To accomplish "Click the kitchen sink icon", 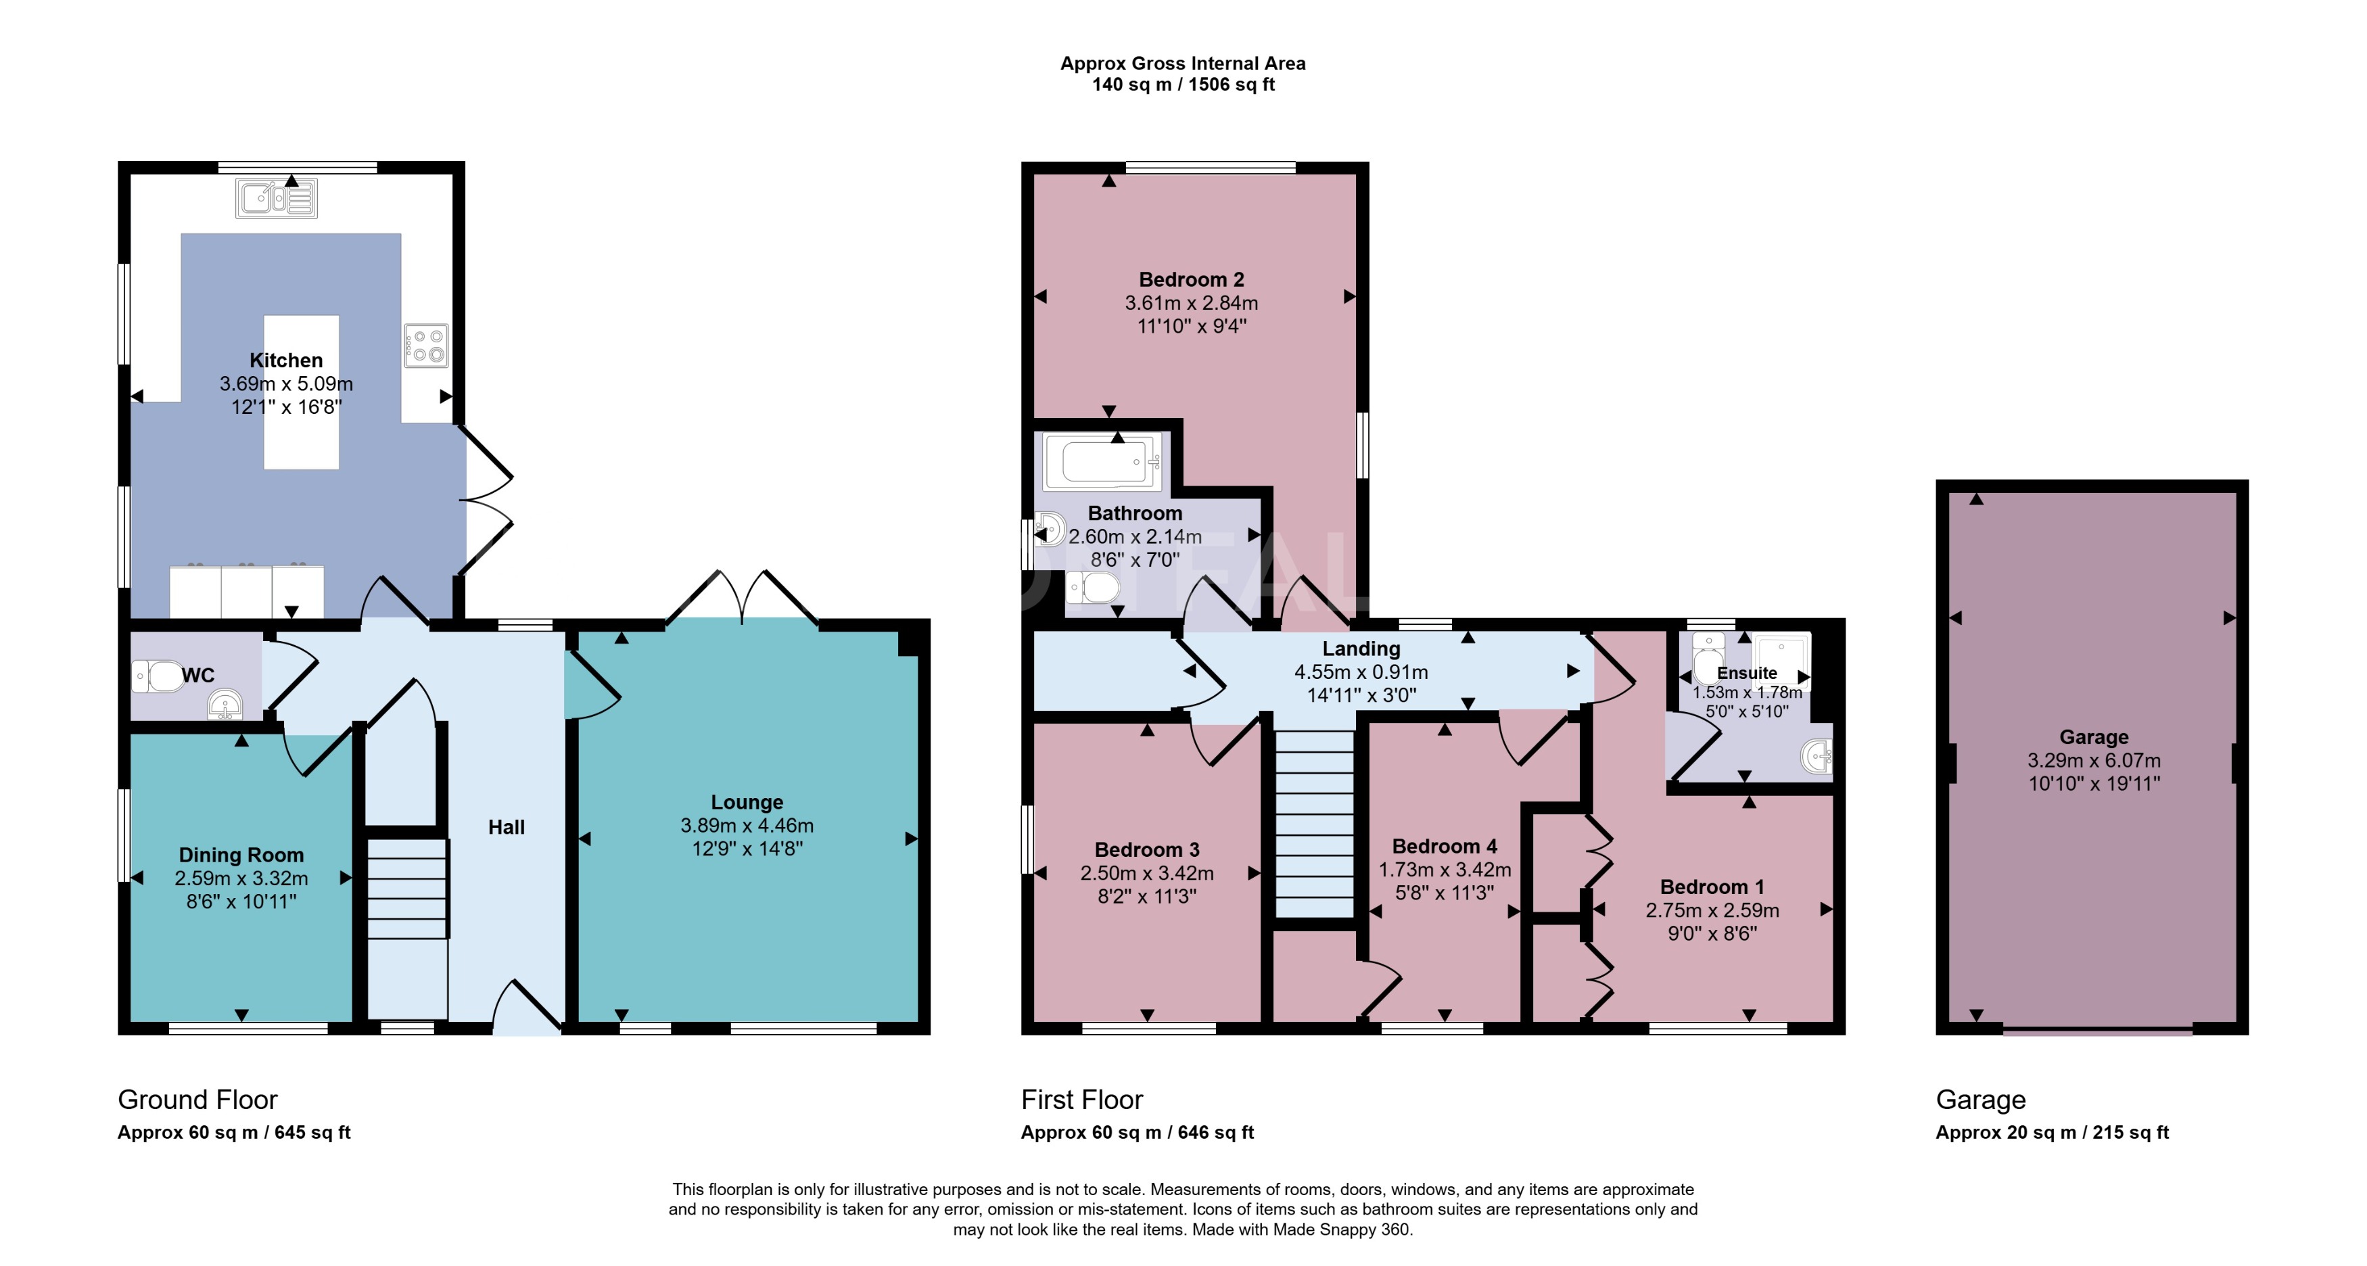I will click(x=277, y=198).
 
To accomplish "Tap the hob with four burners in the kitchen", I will click(x=426, y=346).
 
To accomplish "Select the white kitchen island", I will click(x=302, y=431).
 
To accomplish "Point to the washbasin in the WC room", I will click(x=225, y=705).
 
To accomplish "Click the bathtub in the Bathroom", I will click(x=1102, y=461).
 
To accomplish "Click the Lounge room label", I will click(x=746, y=802).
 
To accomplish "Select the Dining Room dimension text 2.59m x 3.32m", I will click(x=241, y=878).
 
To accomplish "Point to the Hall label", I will click(x=507, y=827).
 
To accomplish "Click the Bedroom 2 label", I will click(x=1191, y=279).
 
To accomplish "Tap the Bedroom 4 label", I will click(x=1444, y=846).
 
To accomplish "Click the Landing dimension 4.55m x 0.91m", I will click(x=1361, y=672).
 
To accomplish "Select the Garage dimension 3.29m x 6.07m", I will click(x=2093, y=761).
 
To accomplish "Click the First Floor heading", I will click(x=1081, y=1099).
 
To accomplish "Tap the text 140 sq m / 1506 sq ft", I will click(x=1183, y=85).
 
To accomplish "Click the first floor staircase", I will click(x=1315, y=822).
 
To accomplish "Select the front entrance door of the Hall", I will click(x=527, y=1010).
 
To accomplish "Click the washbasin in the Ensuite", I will click(x=1818, y=757).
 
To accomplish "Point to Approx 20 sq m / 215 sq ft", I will click(x=2051, y=1132).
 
